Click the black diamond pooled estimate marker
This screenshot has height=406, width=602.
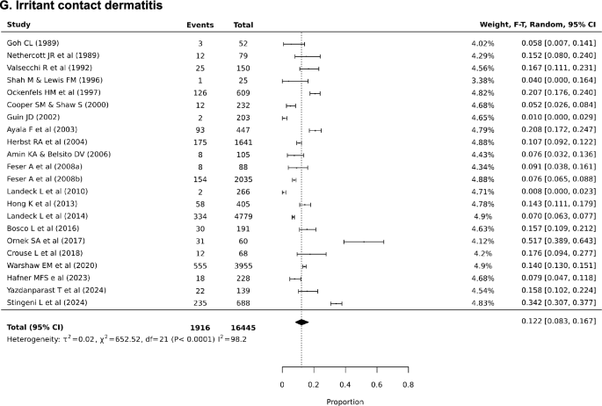point(301,323)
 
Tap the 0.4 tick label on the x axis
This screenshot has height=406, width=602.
point(345,384)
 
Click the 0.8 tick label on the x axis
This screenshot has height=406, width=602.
point(407,384)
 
